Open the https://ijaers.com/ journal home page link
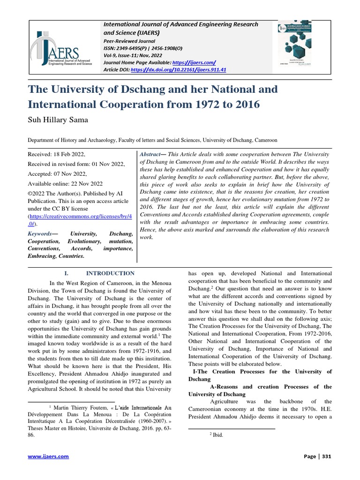[x=194, y=62]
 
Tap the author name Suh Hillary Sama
[x=58, y=120]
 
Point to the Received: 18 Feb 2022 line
[x=56, y=154]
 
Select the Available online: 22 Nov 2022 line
[x=66, y=183]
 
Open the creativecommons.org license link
[x=80, y=219]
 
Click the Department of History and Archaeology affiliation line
[x=152, y=140]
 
